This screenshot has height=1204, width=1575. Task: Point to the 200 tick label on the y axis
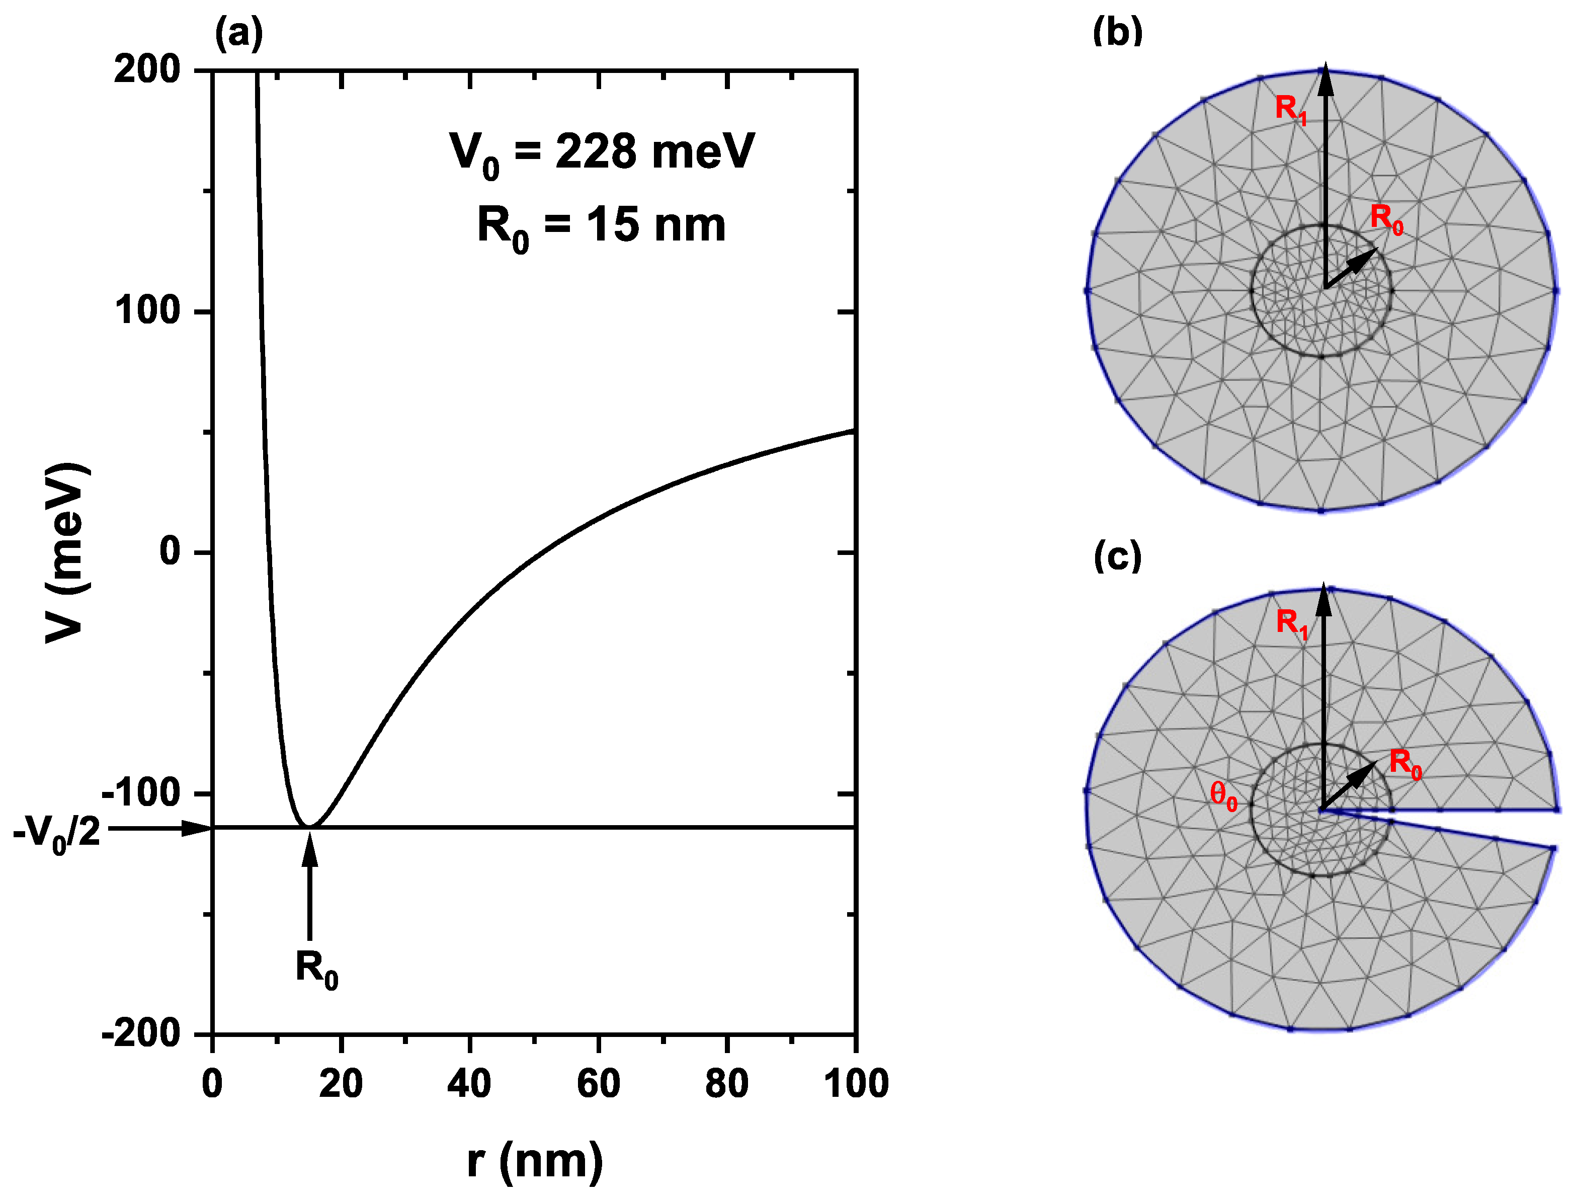coord(147,70)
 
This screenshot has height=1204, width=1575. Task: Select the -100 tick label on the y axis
coord(140,792)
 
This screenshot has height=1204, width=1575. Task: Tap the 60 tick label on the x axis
coord(598,1084)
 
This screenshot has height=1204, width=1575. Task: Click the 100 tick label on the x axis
coord(856,1084)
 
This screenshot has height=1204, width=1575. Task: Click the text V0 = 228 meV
coord(602,152)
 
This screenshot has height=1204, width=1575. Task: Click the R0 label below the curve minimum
coord(316,970)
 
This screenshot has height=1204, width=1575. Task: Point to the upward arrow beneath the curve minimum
coord(309,889)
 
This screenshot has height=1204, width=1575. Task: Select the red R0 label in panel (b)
coord(1386,218)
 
